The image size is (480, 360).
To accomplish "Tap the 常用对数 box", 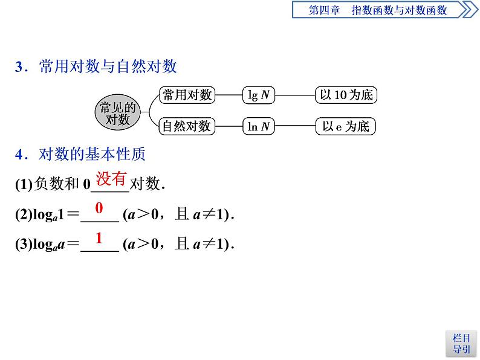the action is pyautogui.click(x=186, y=95).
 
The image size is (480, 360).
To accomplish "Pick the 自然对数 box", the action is pyautogui.click(x=186, y=126).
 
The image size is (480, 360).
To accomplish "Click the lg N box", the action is pyautogui.click(x=259, y=95).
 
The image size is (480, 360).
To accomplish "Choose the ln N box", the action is pyautogui.click(x=259, y=126).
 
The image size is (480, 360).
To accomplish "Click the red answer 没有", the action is pyautogui.click(x=111, y=178).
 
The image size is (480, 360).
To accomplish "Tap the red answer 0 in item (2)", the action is pyautogui.click(x=99, y=208).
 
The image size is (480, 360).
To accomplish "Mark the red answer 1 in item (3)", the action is pyautogui.click(x=99, y=237).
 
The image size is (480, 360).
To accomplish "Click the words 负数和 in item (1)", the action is pyautogui.click(x=57, y=184).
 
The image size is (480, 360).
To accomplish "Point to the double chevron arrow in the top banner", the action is pyautogui.click(x=467, y=10).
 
